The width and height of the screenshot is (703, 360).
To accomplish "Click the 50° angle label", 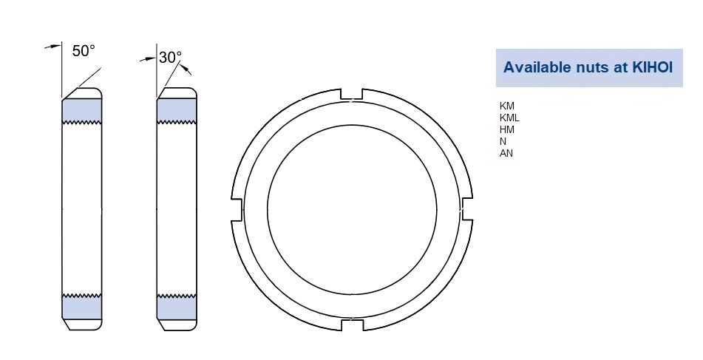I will tap(84, 51).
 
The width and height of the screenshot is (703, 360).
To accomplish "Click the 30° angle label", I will tap(170, 57).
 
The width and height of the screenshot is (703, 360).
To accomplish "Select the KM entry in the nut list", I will tap(507, 106).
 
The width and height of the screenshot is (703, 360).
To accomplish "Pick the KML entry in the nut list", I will tap(510, 118).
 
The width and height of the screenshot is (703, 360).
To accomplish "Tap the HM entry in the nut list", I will tap(507, 129).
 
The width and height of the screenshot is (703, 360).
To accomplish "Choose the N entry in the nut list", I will tap(503, 141).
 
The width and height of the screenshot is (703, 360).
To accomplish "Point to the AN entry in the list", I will tap(506, 153).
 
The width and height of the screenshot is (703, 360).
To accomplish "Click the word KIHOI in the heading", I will tap(653, 67).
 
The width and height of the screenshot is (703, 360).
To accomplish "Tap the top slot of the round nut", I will tap(351, 94).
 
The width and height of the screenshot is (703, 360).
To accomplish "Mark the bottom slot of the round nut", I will tap(351, 325).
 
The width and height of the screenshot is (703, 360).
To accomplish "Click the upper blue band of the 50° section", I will tap(81, 110).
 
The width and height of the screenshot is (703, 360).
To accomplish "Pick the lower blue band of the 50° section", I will tap(81, 305).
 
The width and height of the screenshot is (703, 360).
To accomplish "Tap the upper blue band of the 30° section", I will tap(177, 110).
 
